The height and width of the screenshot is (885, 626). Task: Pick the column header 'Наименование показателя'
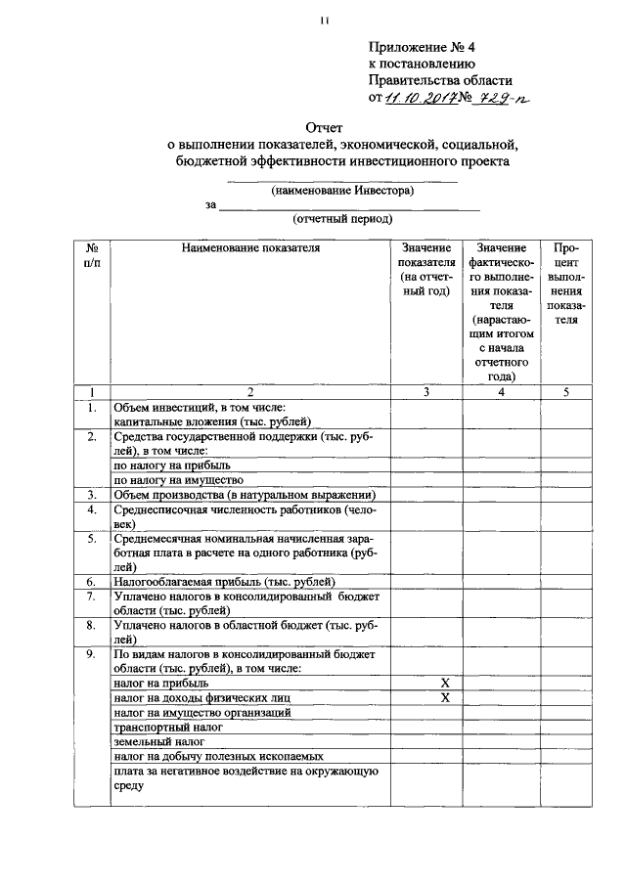[250, 248]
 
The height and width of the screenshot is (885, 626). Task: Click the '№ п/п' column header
[91, 256]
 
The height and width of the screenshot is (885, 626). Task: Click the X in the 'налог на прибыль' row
[444, 683]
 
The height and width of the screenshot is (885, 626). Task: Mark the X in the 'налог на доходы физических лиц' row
[444, 698]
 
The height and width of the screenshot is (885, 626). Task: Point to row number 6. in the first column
[90, 580]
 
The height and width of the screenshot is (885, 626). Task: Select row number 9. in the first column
[90, 653]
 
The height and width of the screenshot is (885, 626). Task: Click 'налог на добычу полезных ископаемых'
[218, 757]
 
